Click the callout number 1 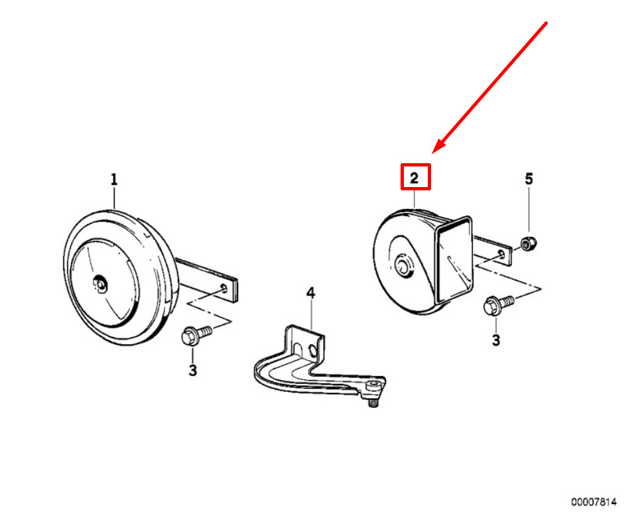point(114,179)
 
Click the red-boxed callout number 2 point(415,178)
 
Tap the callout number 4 point(311,293)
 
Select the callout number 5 point(529,179)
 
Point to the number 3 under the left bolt point(193,370)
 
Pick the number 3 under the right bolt point(496,340)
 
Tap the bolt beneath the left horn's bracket point(196,335)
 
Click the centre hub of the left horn point(100,284)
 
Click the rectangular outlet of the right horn point(454,260)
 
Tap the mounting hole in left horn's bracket point(224,288)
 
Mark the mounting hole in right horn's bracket point(501,255)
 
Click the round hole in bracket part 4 point(313,350)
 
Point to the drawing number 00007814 point(594,502)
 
